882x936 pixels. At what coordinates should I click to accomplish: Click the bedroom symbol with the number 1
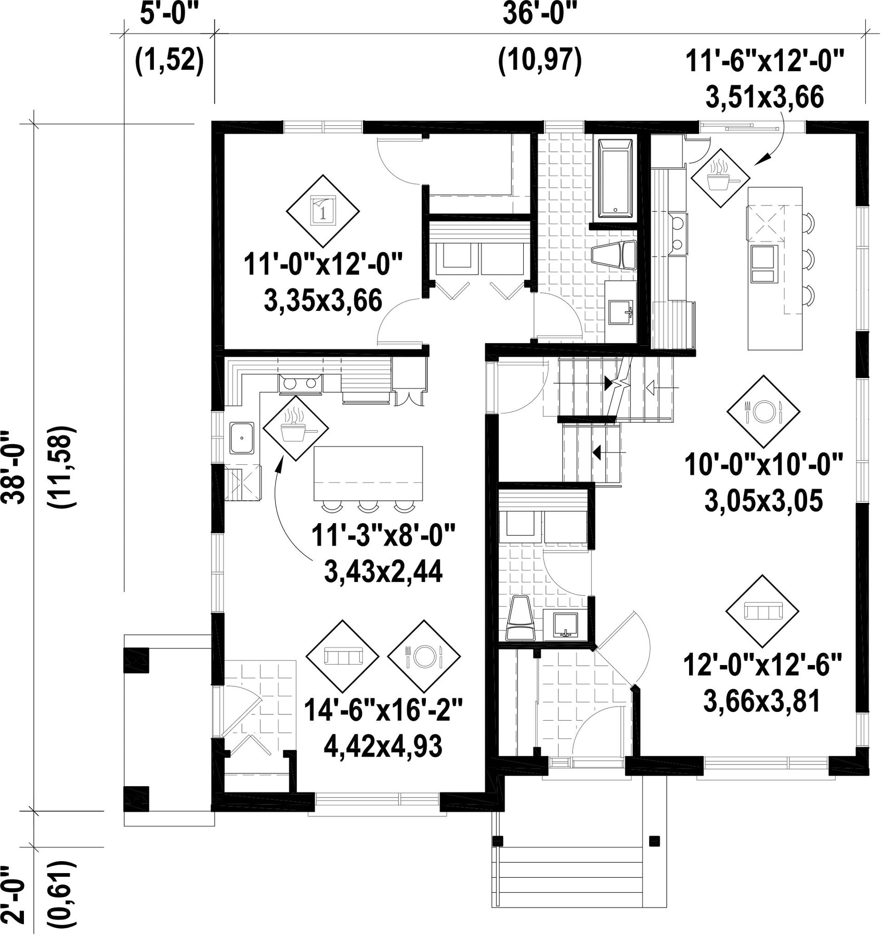[323, 211]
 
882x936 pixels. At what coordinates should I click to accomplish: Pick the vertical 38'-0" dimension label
[19, 466]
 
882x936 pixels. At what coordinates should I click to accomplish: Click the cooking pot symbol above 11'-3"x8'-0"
[296, 428]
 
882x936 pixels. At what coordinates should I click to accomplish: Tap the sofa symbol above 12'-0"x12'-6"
[762, 611]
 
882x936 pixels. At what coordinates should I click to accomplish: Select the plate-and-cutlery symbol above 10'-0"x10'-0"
[763, 412]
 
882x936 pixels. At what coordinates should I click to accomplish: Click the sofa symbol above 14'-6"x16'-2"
[343, 656]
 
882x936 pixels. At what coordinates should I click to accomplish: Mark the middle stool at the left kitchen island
[368, 505]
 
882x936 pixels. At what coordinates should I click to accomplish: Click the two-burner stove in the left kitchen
[301, 383]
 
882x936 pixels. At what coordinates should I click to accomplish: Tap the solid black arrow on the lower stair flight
[598, 452]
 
